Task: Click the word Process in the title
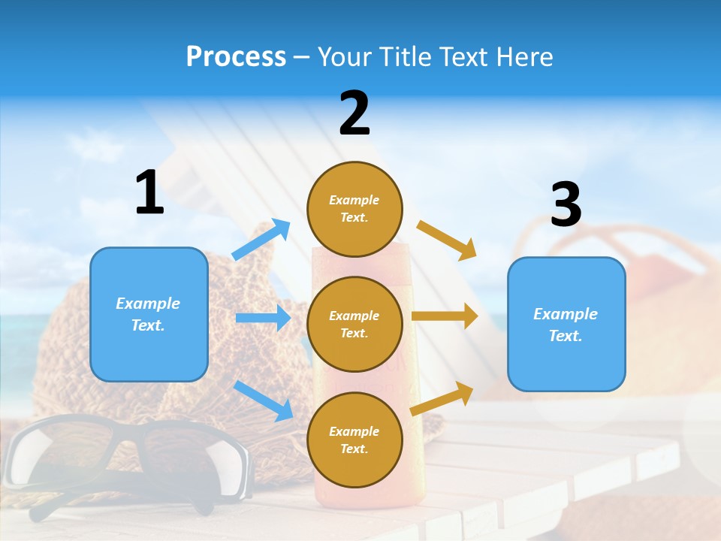click(x=236, y=57)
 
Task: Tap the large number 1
click(x=149, y=193)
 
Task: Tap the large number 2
click(x=354, y=114)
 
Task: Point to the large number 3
click(x=566, y=204)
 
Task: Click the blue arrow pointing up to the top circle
click(x=261, y=240)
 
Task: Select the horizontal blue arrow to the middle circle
click(x=263, y=318)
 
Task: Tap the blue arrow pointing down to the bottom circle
click(x=264, y=400)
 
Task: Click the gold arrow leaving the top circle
click(x=447, y=240)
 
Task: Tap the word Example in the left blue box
click(x=148, y=304)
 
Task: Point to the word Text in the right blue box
click(x=565, y=336)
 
